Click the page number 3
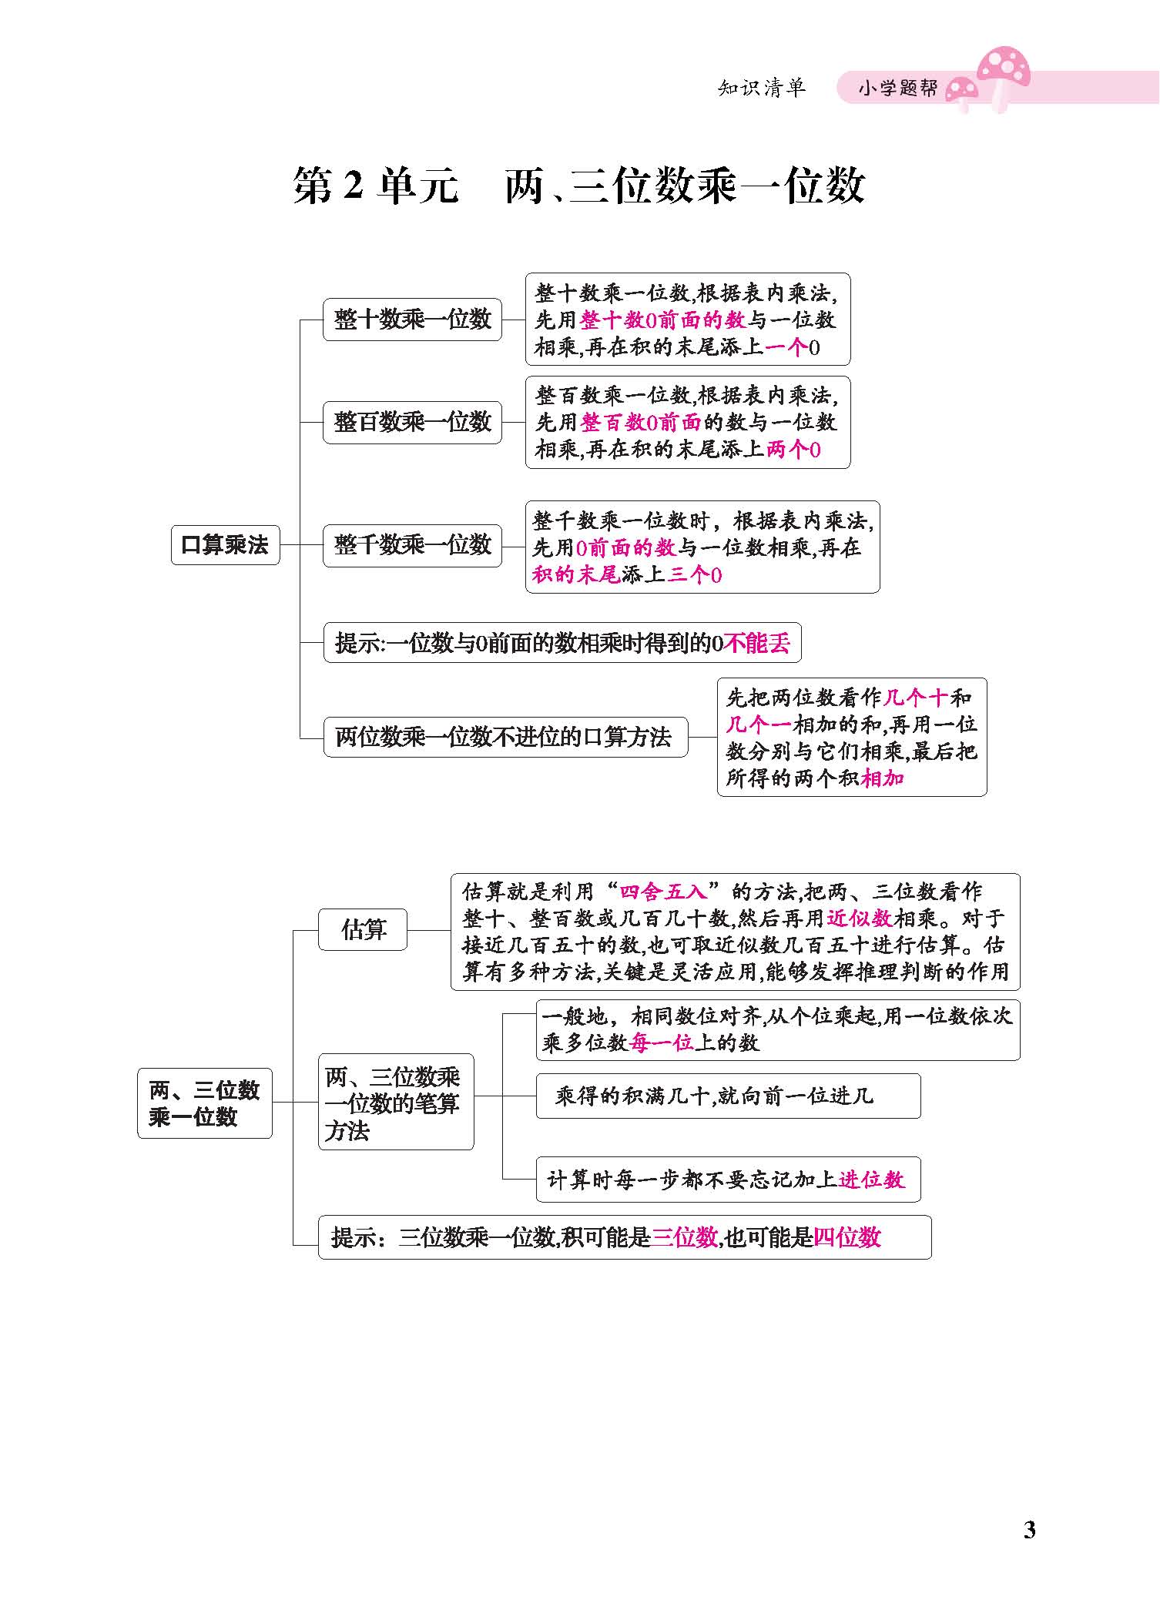pyautogui.click(x=1029, y=1529)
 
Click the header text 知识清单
pyautogui.click(x=761, y=88)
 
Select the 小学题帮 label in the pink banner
pyautogui.click(x=898, y=89)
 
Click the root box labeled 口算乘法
pyautogui.click(x=225, y=545)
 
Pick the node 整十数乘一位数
pyautogui.click(x=412, y=319)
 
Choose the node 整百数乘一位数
pyautogui.click(x=412, y=422)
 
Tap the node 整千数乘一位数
pyautogui.click(x=412, y=545)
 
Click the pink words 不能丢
pyautogui.click(x=757, y=643)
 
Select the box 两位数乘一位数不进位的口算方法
pyautogui.click(x=505, y=737)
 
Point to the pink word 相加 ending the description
pyautogui.click(x=883, y=778)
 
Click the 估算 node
pyautogui.click(x=363, y=929)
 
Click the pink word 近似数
pyautogui.click(x=860, y=918)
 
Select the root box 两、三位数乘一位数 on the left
pyautogui.click(x=204, y=1103)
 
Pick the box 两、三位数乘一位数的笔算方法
pyautogui.click(x=395, y=1103)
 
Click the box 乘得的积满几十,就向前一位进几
pyautogui.click(x=727, y=1096)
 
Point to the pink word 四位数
pyautogui.click(x=847, y=1237)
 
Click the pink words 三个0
pyautogui.click(x=694, y=574)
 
